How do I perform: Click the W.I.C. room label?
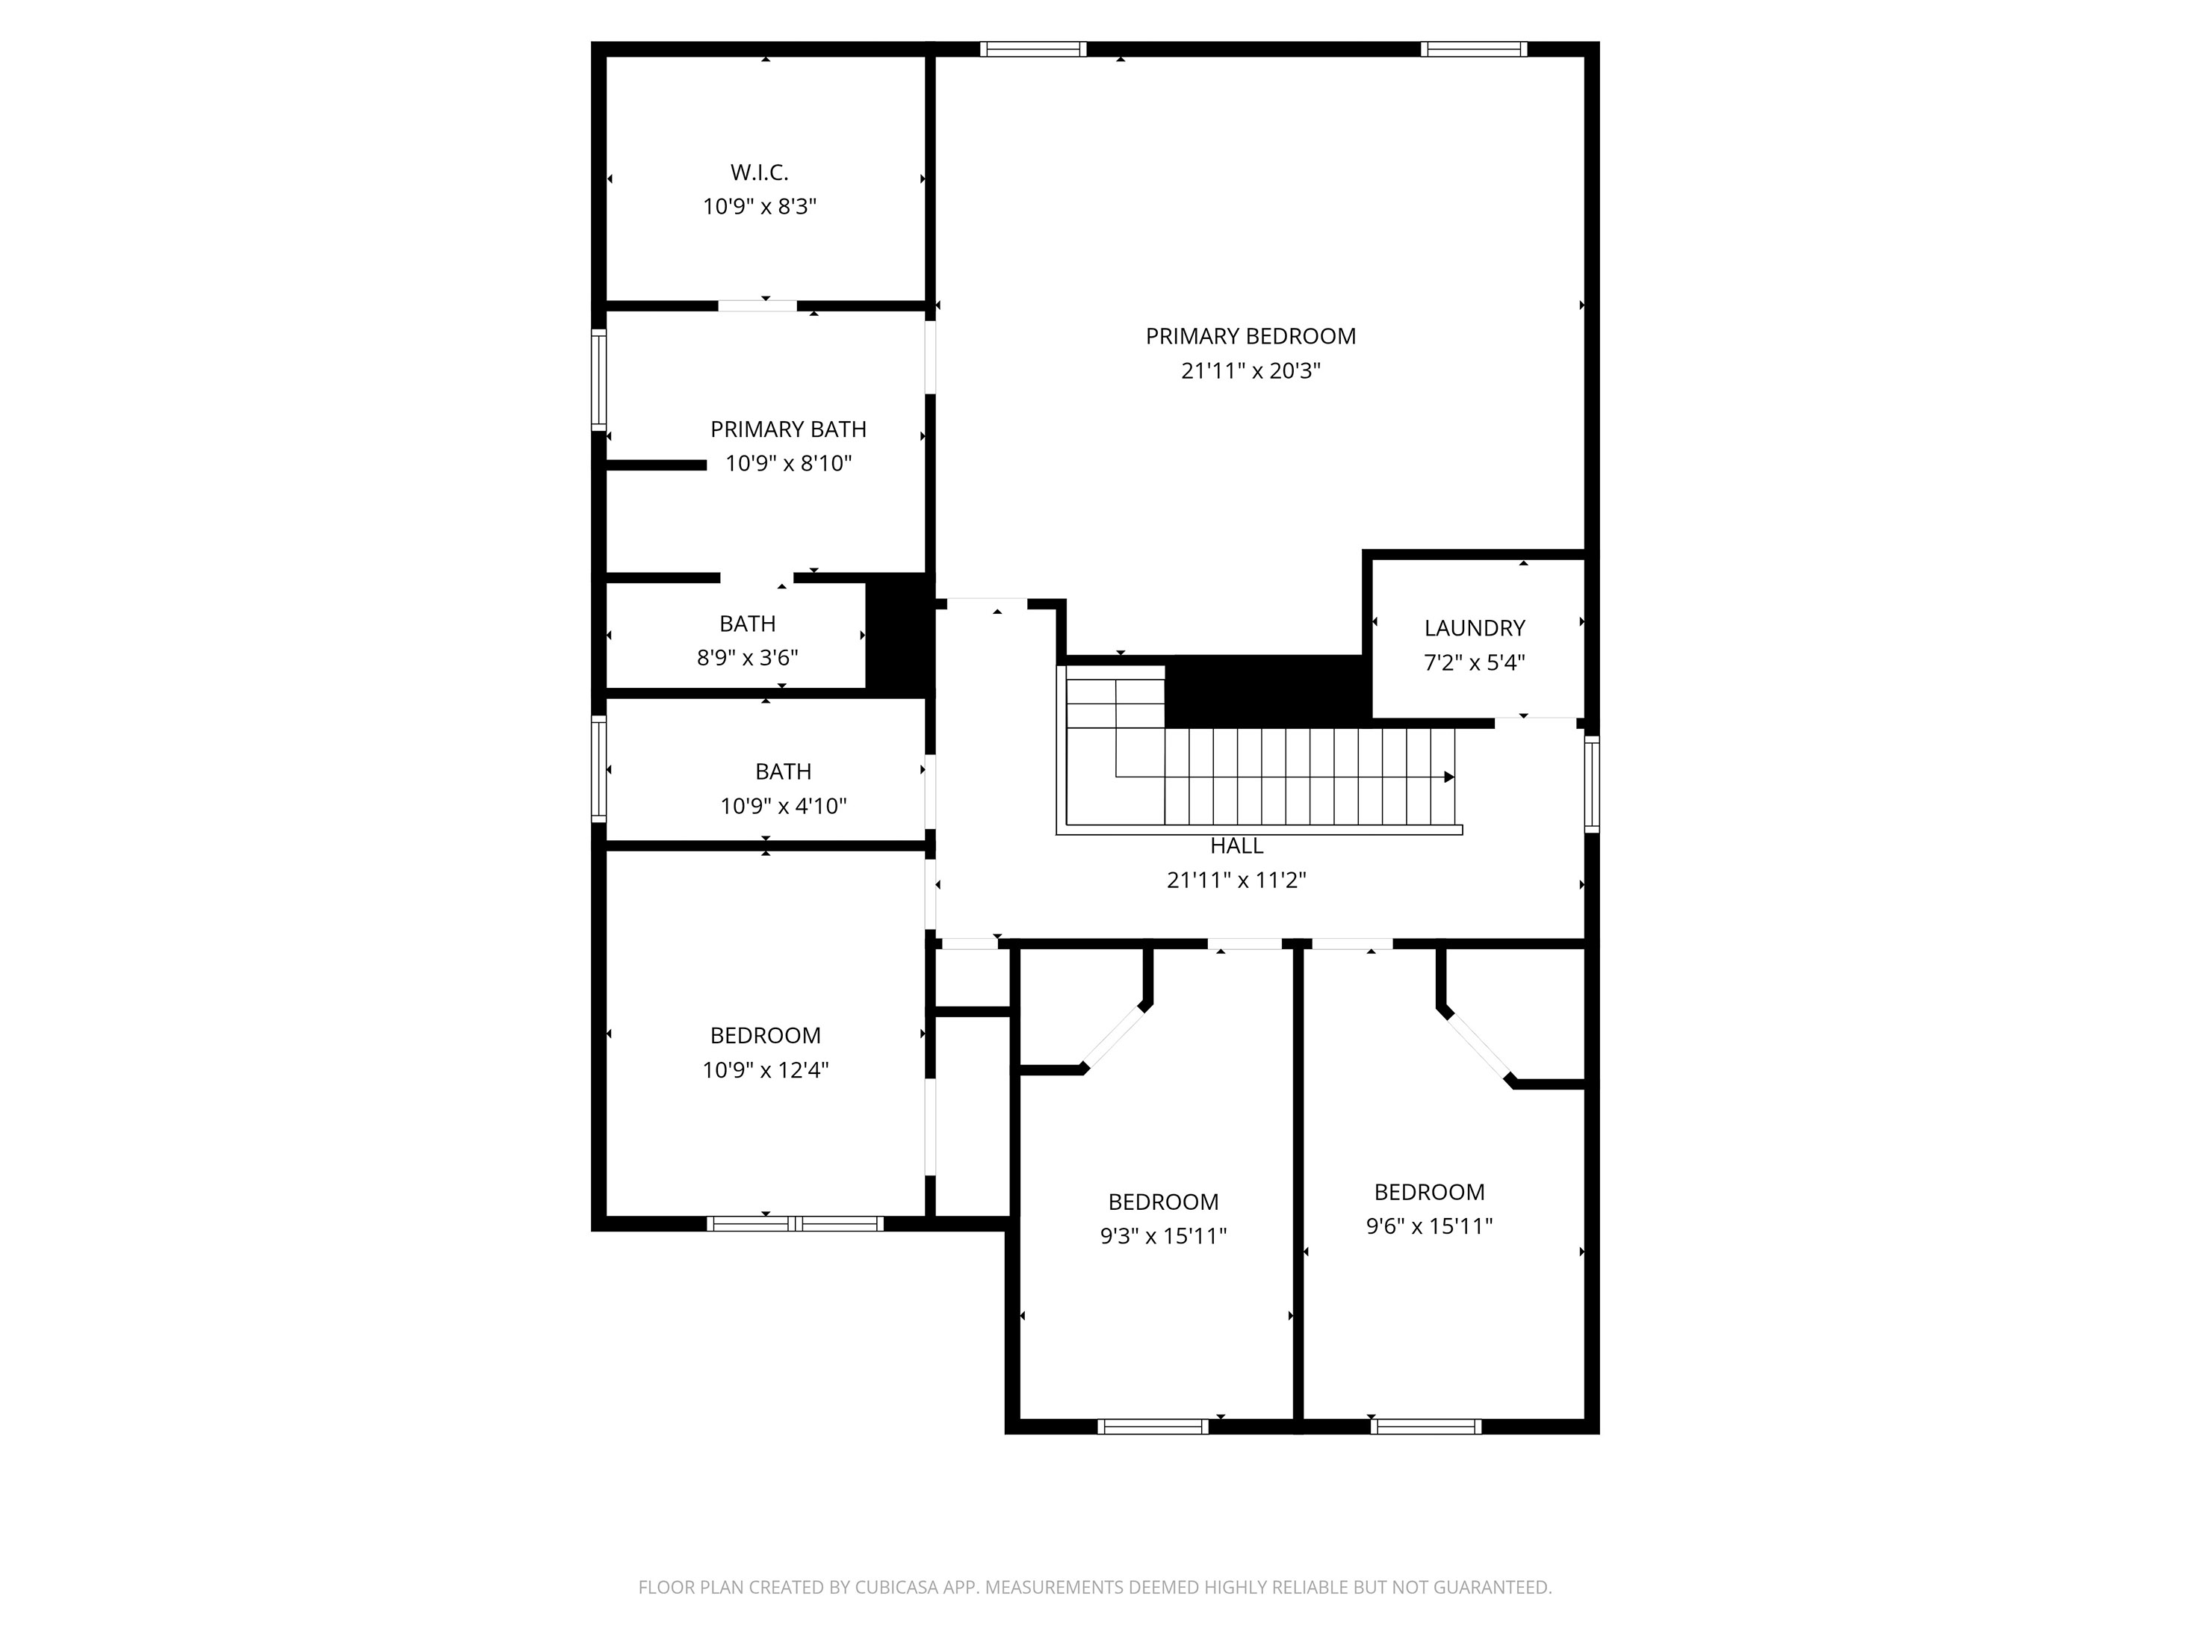click(759, 173)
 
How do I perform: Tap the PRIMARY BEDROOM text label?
click(1250, 336)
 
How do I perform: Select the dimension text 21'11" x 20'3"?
click(1250, 370)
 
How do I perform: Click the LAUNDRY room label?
click(1474, 628)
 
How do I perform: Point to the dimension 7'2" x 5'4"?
click(1474, 662)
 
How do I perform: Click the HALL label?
click(1236, 845)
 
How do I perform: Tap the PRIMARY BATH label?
click(787, 429)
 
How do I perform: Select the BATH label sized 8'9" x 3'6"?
click(747, 624)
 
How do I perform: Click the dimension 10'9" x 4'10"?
click(783, 806)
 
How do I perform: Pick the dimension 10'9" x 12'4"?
click(765, 1069)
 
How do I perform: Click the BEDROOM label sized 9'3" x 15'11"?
click(1163, 1202)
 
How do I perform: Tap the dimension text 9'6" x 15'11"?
click(1428, 1226)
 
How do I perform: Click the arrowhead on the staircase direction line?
click(1449, 777)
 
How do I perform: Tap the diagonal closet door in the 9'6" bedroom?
click(1476, 1045)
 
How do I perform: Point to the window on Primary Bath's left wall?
click(598, 379)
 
